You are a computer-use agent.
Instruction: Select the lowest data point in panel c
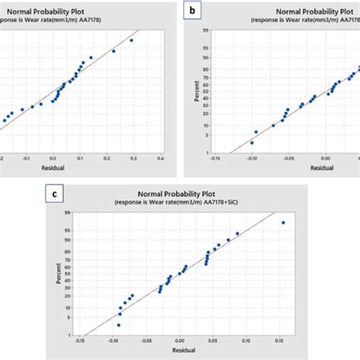[x=118, y=324]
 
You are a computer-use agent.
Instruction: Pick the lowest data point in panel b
[x=252, y=142]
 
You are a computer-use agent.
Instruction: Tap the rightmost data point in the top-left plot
[x=131, y=40]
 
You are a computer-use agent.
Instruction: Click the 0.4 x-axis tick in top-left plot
[x=160, y=160]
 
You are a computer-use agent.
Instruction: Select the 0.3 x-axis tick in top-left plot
[x=134, y=160]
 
